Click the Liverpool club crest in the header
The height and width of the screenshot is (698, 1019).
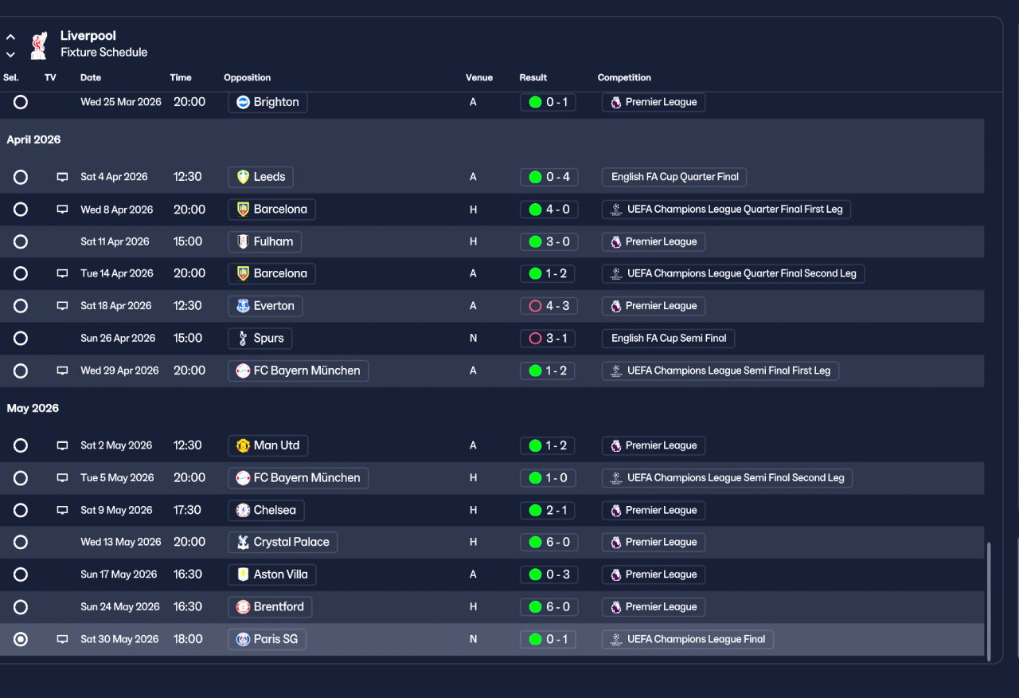[39, 45]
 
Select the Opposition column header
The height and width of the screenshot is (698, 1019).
[247, 77]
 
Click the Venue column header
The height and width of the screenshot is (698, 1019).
[479, 77]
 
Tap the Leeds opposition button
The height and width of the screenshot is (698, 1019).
[260, 177]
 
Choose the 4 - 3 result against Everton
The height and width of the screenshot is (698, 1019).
[549, 306]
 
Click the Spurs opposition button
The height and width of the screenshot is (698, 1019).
[260, 339]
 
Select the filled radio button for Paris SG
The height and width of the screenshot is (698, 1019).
[21, 639]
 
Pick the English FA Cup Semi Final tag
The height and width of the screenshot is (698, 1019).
[668, 339]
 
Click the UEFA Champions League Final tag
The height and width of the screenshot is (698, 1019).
[687, 639]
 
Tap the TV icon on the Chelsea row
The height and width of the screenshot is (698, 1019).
[62, 510]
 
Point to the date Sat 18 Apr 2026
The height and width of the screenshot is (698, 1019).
[116, 306]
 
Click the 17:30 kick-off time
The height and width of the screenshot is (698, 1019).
[187, 510]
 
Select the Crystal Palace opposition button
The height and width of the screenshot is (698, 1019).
[283, 543]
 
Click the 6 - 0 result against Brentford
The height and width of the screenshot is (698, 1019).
[549, 607]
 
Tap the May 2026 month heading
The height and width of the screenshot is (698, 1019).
[33, 408]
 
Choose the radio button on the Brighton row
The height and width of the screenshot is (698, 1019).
[21, 102]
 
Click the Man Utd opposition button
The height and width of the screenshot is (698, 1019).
[268, 445]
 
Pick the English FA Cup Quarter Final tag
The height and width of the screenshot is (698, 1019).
[674, 177]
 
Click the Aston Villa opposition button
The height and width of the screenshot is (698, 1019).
[272, 574]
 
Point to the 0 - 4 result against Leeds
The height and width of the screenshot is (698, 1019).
[549, 177]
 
